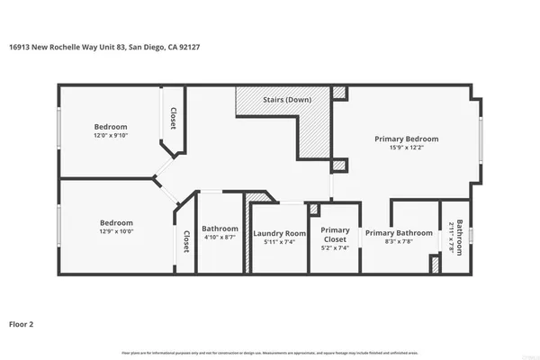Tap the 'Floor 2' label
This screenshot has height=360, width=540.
(23, 322)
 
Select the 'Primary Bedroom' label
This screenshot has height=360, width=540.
(407, 139)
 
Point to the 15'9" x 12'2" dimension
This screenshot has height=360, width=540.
(407, 149)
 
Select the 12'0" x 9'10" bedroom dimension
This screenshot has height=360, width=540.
(112, 136)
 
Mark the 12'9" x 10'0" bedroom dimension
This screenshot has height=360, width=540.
(116, 232)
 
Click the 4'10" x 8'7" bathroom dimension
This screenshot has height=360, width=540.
(220, 238)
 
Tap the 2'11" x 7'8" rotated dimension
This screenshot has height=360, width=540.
(452, 238)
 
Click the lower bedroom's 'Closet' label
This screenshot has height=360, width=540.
(186, 240)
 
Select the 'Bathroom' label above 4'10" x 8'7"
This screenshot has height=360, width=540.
(220, 228)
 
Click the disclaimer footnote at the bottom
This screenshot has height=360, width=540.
(269, 352)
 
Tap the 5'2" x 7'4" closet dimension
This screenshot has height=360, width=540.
(336, 247)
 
